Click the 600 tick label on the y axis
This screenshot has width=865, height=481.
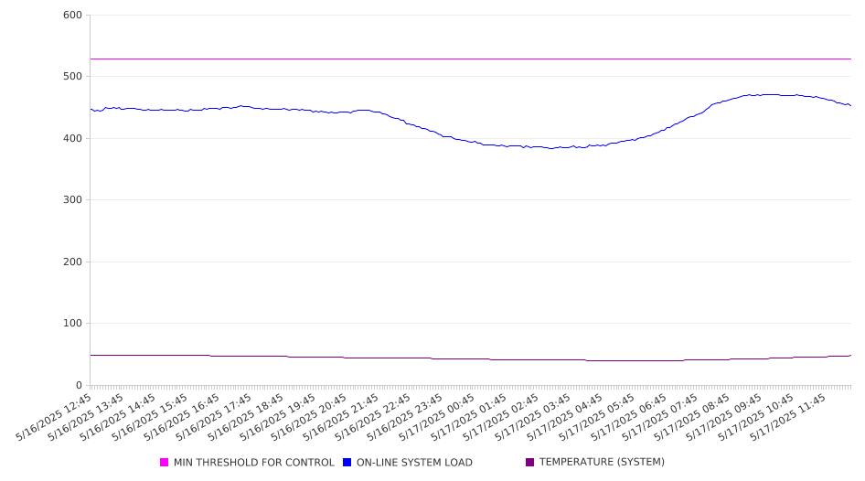pos(72,16)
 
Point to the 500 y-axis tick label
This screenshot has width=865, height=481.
pos(72,77)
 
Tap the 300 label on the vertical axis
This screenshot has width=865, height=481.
pos(72,200)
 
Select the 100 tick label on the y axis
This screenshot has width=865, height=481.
pos(72,324)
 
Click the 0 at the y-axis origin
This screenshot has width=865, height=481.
pos(79,386)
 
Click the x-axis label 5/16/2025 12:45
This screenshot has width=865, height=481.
pos(54,417)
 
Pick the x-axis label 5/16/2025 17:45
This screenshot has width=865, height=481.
pos(213,417)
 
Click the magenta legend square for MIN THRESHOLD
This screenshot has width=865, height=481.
pos(164,462)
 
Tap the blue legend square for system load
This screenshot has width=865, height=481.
pos(347,462)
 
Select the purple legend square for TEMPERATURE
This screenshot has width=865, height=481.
pos(530,462)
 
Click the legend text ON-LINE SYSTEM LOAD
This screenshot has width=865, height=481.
pos(414,463)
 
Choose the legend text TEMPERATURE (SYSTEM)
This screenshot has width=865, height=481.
pos(602,462)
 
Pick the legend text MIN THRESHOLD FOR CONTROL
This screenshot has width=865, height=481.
pos(254,463)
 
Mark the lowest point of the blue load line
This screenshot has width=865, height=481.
pos(550,148)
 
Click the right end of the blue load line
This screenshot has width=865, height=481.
pos(850,105)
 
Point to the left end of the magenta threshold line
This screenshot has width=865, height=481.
pos(91,59)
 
